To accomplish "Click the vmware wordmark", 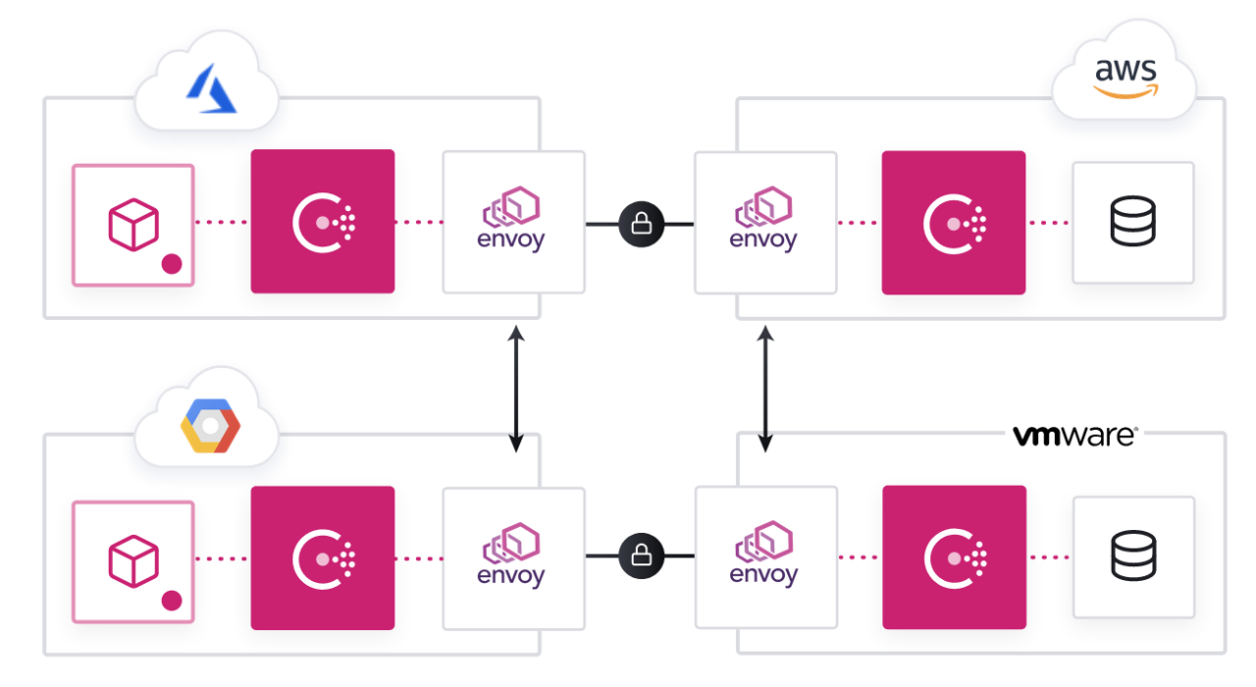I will (1073, 436).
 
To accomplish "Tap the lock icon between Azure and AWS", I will (642, 224).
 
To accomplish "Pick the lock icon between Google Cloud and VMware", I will (642, 556).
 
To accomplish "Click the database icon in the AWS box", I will (1132, 222).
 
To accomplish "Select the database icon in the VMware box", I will (1132, 556).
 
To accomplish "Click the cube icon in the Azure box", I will (132, 224).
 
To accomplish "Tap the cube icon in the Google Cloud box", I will (132, 560).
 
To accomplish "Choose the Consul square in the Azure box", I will (323, 222).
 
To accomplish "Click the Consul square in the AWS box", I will (953, 223).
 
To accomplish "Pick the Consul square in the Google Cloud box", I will (323, 557).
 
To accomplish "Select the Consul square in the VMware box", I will (954, 556).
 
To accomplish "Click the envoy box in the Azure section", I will (513, 222).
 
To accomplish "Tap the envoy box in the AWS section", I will (765, 223).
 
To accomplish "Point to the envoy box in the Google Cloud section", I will (513, 557).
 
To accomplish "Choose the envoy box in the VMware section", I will (765, 556).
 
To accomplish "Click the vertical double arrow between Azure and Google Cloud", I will (515, 390).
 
